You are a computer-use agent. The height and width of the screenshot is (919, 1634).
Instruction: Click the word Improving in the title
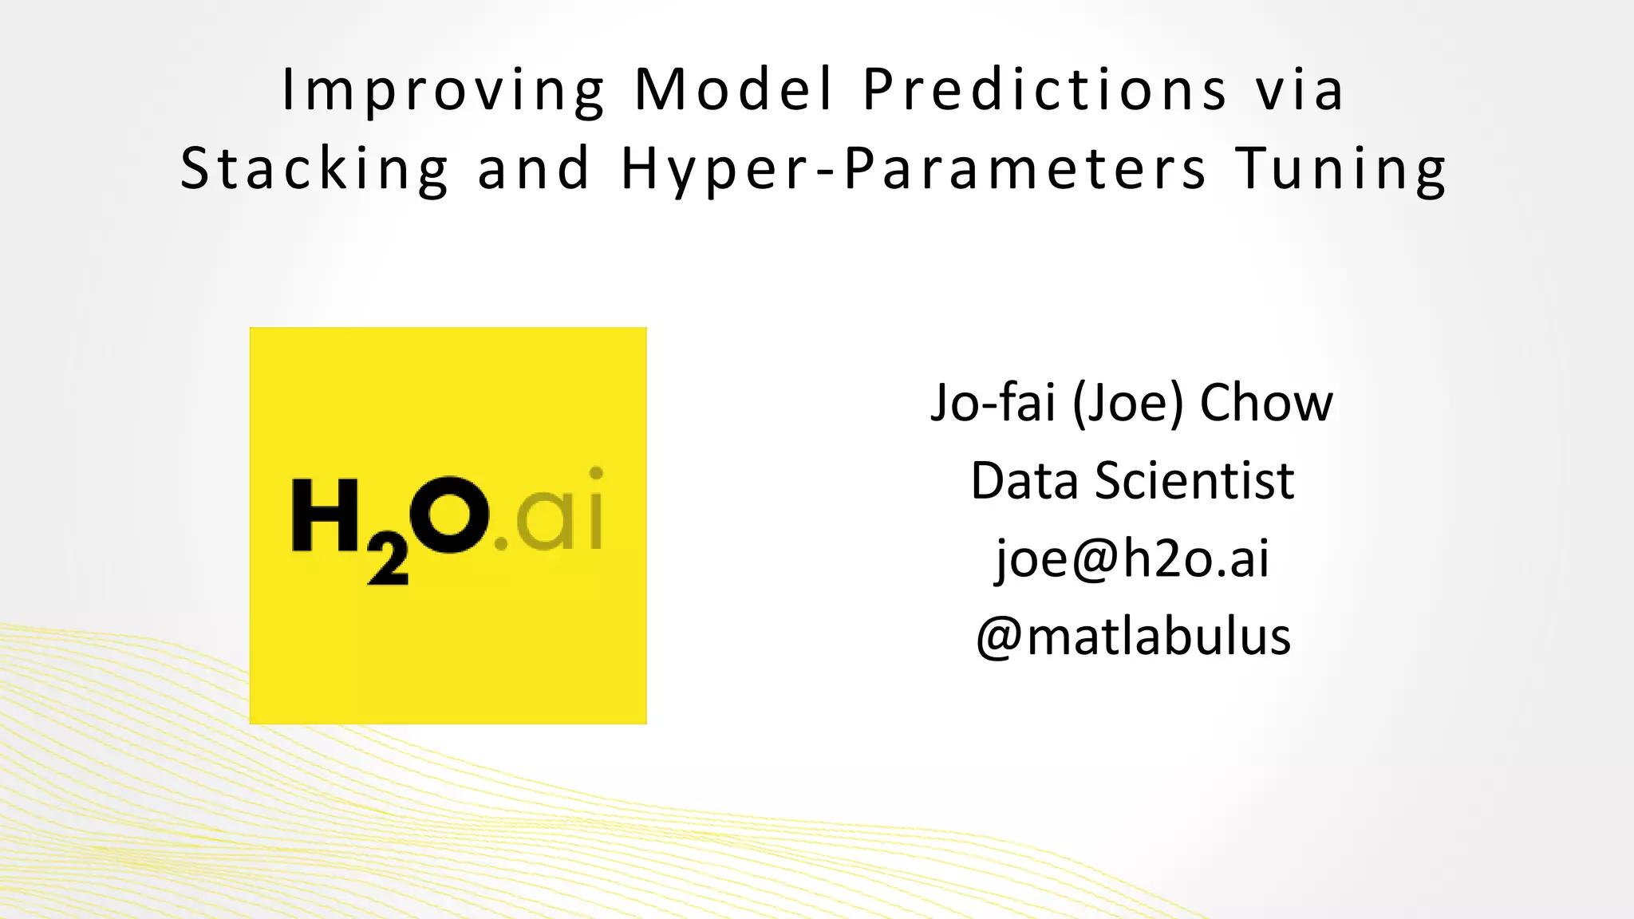pyautogui.click(x=444, y=89)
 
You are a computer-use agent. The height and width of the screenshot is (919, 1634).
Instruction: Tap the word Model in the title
pyautogui.click(x=734, y=89)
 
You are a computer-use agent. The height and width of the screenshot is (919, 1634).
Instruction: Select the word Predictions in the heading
pyautogui.click(x=1045, y=89)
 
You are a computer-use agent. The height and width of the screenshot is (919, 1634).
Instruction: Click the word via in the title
pyautogui.click(x=1300, y=89)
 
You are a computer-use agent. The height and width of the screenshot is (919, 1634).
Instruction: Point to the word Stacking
pyautogui.click(x=314, y=169)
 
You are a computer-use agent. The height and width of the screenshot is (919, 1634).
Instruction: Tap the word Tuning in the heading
pyautogui.click(x=1340, y=169)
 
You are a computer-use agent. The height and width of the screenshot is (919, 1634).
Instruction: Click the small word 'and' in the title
pyautogui.click(x=533, y=169)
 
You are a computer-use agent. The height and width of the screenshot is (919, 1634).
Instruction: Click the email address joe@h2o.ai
pyautogui.click(x=1132, y=558)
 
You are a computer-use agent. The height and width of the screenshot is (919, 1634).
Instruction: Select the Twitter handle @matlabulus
pyautogui.click(x=1133, y=637)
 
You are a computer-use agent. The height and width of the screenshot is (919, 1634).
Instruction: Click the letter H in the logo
pyautogui.click(x=326, y=515)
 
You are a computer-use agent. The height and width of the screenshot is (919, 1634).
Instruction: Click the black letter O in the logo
pyautogui.click(x=449, y=515)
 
